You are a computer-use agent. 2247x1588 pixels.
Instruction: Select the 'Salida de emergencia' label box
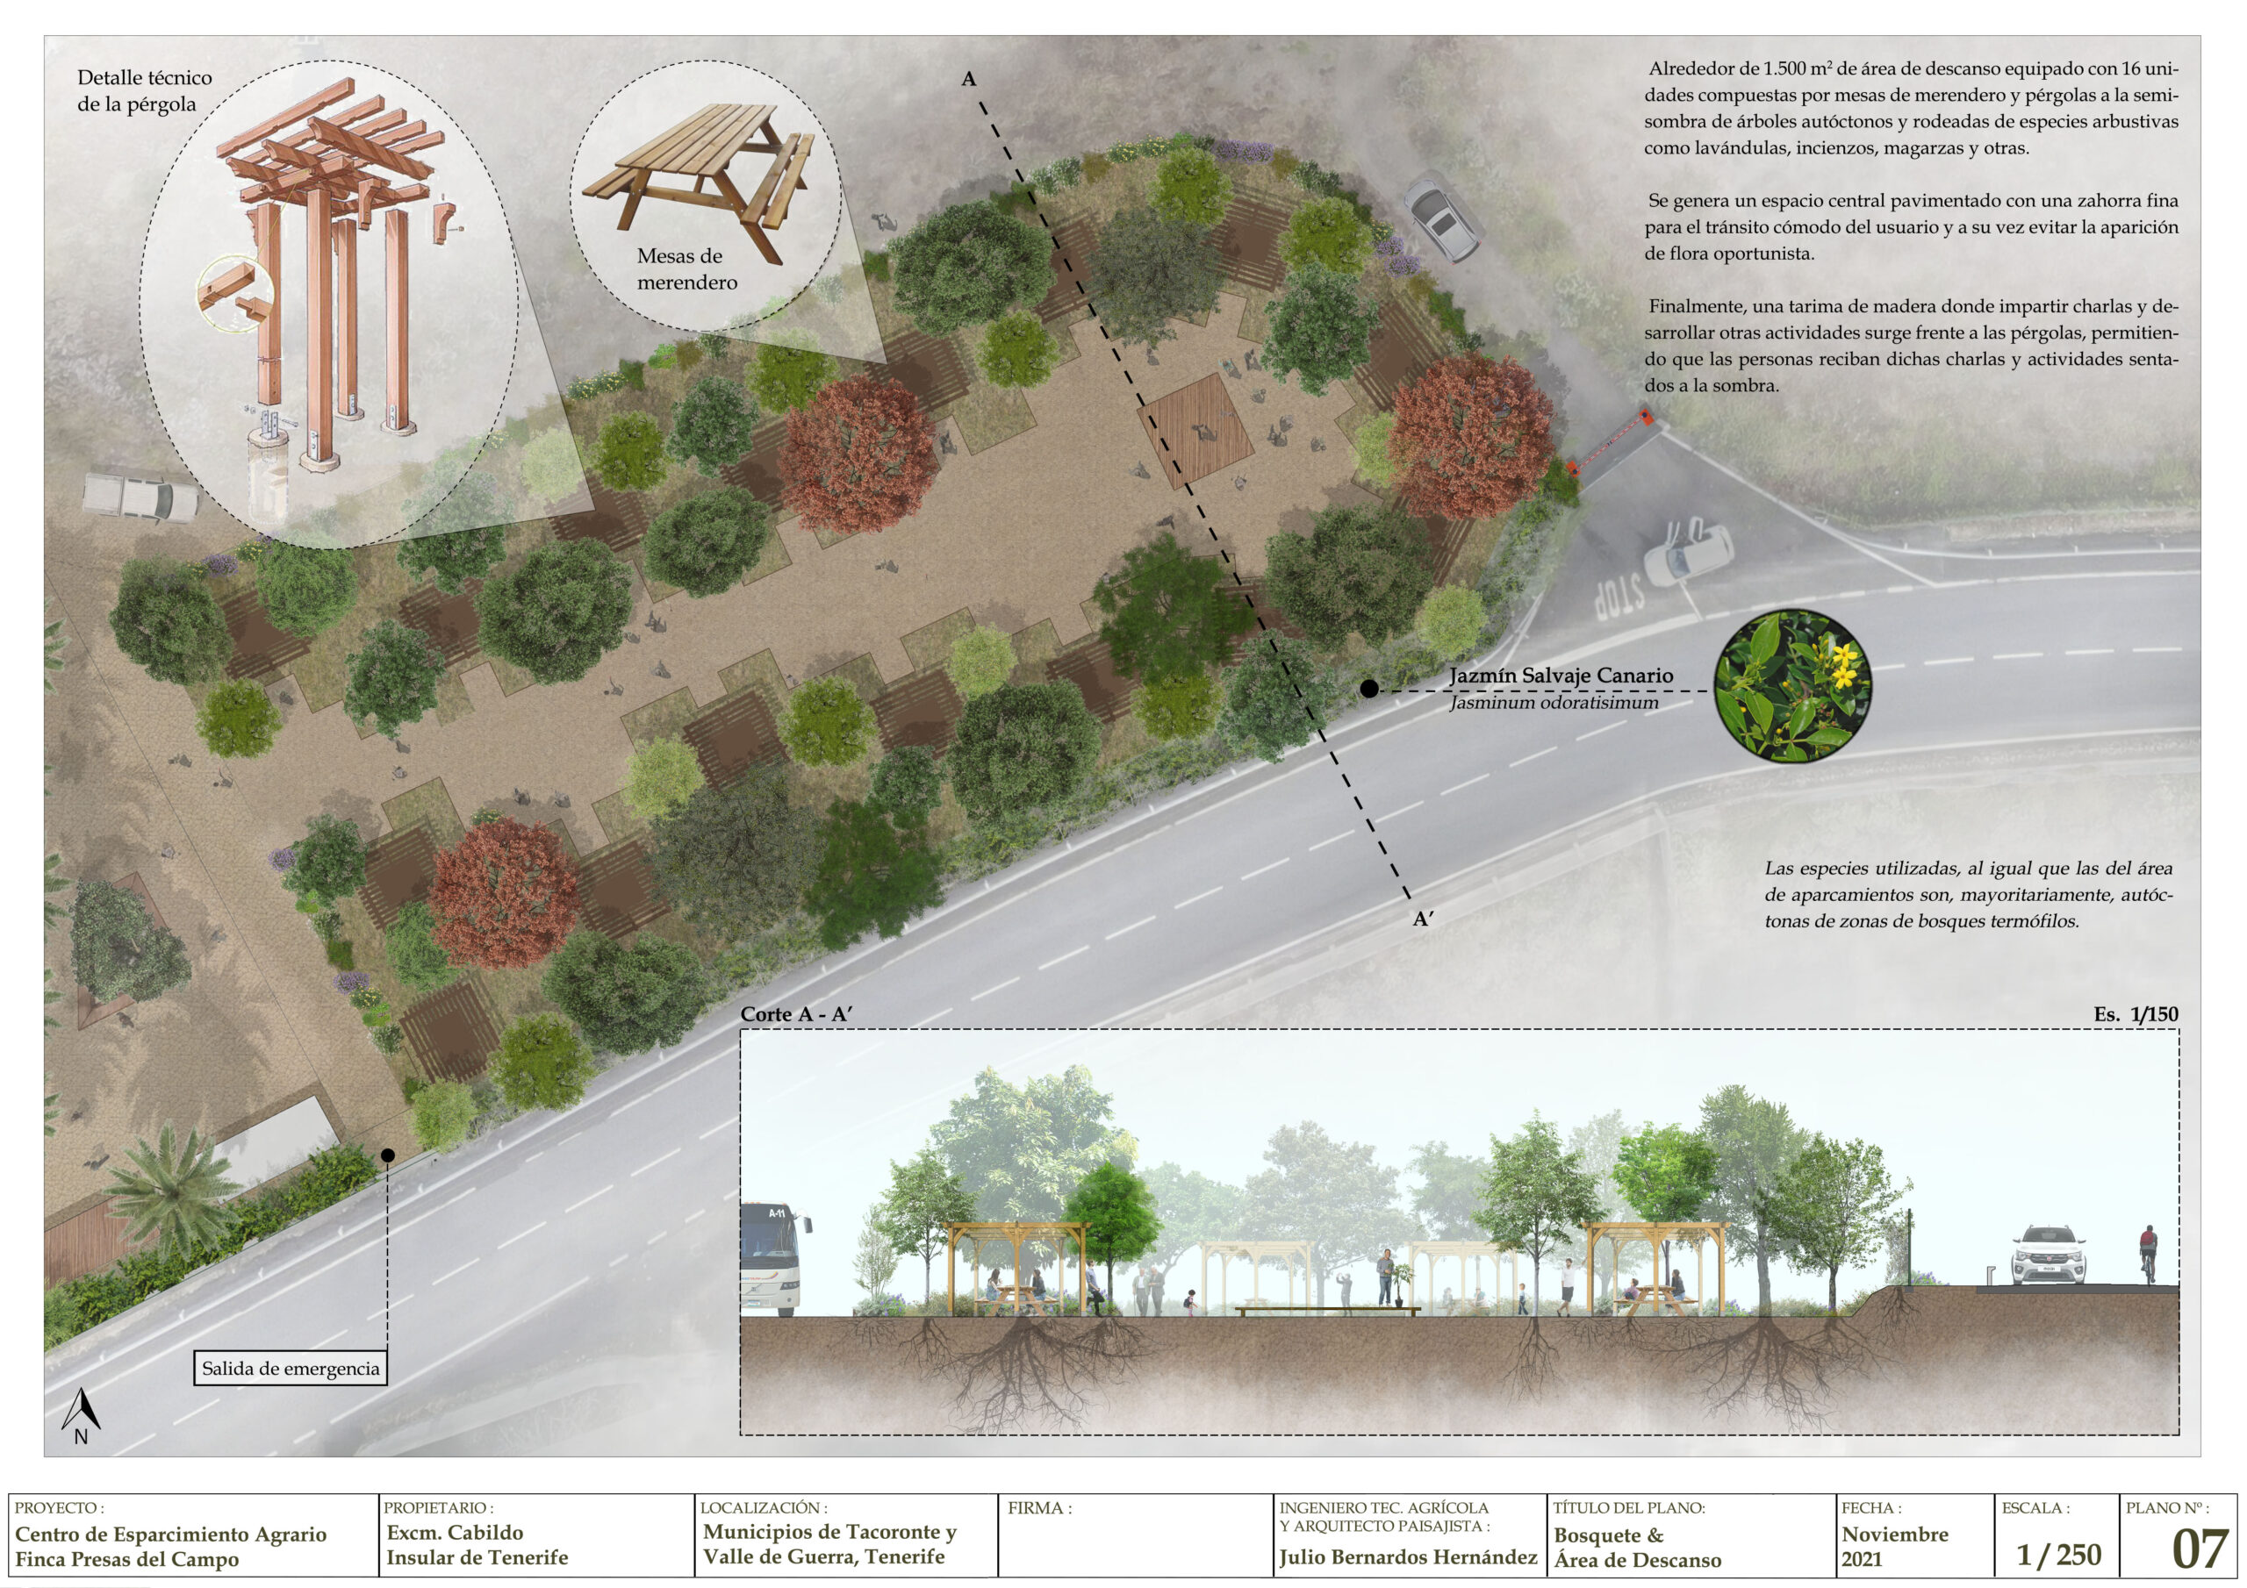(291, 1368)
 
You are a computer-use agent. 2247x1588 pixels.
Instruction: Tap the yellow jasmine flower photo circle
(1793, 685)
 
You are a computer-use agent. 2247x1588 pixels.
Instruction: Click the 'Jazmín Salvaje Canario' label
(1561, 676)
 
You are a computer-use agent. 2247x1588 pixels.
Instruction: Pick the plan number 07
(2200, 1549)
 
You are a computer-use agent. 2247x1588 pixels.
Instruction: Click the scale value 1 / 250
(2059, 1554)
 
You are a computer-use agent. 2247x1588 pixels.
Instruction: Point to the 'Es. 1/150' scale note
(2136, 1014)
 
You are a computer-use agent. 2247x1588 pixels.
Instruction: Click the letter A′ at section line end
(1423, 919)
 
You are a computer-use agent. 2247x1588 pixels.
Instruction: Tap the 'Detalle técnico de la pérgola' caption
(145, 91)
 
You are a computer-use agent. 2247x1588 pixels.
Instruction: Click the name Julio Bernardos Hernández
(1408, 1556)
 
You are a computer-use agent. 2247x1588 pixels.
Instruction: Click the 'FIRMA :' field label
(1039, 1509)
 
